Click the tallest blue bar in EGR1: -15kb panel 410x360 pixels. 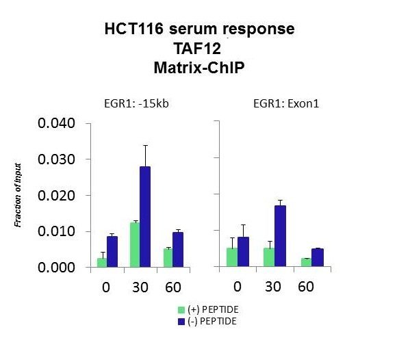point(145,217)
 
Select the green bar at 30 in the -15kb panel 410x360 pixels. point(135,245)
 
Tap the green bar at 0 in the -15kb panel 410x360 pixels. point(102,263)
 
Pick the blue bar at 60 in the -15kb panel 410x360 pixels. point(178,250)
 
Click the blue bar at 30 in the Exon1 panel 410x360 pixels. point(280,236)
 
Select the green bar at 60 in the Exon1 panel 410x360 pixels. point(306,262)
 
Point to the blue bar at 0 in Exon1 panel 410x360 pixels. point(243,251)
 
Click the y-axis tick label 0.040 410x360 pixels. point(57,123)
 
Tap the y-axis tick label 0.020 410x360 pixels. point(57,196)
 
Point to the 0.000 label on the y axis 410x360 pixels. point(57,268)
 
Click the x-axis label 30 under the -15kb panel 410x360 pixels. point(140,287)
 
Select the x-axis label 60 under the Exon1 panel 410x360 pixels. point(306,287)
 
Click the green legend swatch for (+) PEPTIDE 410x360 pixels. point(181,310)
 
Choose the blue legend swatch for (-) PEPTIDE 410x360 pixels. point(181,322)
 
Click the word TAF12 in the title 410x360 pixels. point(197,49)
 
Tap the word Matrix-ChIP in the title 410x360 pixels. point(199,68)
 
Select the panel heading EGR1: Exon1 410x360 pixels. point(286,104)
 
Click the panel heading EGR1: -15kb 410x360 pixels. point(136,104)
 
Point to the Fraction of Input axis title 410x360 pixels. point(18,195)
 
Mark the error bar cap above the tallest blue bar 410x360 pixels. point(145,145)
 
